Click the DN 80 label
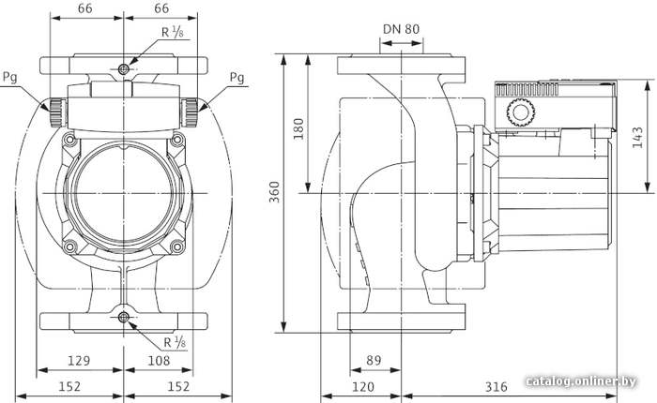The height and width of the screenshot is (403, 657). click(x=401, y=29)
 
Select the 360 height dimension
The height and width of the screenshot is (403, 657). click(x=274, y=192)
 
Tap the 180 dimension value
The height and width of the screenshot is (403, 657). click(x=298, y=129)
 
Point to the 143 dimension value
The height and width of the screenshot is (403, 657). click(x=637, y=137)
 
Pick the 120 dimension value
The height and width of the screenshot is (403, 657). click(x=362, y=387)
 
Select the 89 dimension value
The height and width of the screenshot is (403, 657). click(x=374, y=360)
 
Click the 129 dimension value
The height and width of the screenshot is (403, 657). click(x=79, y=360)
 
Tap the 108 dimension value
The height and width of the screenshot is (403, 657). click(x=159, y=360)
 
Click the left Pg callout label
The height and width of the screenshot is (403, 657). click(x=10, y=78)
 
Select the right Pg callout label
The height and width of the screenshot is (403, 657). click(x=237, y=78)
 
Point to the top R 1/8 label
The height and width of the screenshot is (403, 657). click(x=173, y=32)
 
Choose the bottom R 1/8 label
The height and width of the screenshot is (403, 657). click(x=175, y=342)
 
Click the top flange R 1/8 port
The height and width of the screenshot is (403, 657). click(x=123, y=69)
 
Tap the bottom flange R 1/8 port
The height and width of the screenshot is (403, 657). click(x=123, y=317)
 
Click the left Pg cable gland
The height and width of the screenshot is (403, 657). click(x=58, y=112)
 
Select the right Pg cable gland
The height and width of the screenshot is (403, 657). click(x=190, y=112)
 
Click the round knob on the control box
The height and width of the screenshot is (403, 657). click(x=521, y=113)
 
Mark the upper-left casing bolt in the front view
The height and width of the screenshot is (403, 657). click(x=69, y=140)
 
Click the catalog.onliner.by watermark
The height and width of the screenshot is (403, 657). click(x=581, y=381)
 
